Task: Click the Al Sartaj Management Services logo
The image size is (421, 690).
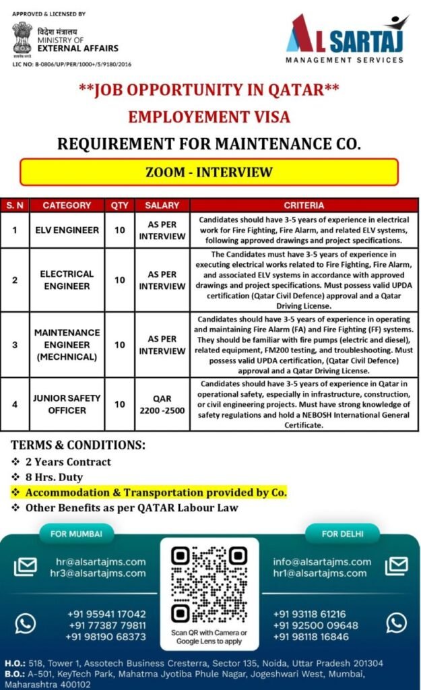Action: [x=345, y=38]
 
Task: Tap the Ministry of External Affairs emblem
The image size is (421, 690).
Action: [x=22, y=38]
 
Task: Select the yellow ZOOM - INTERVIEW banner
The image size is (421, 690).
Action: [x=209, y=172]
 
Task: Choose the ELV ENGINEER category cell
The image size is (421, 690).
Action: [x=67, y=230]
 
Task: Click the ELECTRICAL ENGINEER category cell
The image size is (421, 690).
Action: [x=67, y=280]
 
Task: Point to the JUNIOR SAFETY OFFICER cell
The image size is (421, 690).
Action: [x=67, y=404]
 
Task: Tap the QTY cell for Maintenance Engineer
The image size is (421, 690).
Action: [x=119, y=344]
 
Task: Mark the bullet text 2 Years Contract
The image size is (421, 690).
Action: [x=67, y=462]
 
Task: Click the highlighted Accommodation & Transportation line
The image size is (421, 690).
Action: [x=156, y=493]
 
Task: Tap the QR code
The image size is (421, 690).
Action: [x=209, y=584]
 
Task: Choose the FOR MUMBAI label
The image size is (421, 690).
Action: [x=76, y=534]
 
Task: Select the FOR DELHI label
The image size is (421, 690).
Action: [x=342, y=534]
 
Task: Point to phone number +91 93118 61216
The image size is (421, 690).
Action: [x=309, y=614]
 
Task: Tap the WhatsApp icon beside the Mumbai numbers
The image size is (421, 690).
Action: [x=25, y=624]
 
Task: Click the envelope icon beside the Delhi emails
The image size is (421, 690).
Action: [x=396, y=566]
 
